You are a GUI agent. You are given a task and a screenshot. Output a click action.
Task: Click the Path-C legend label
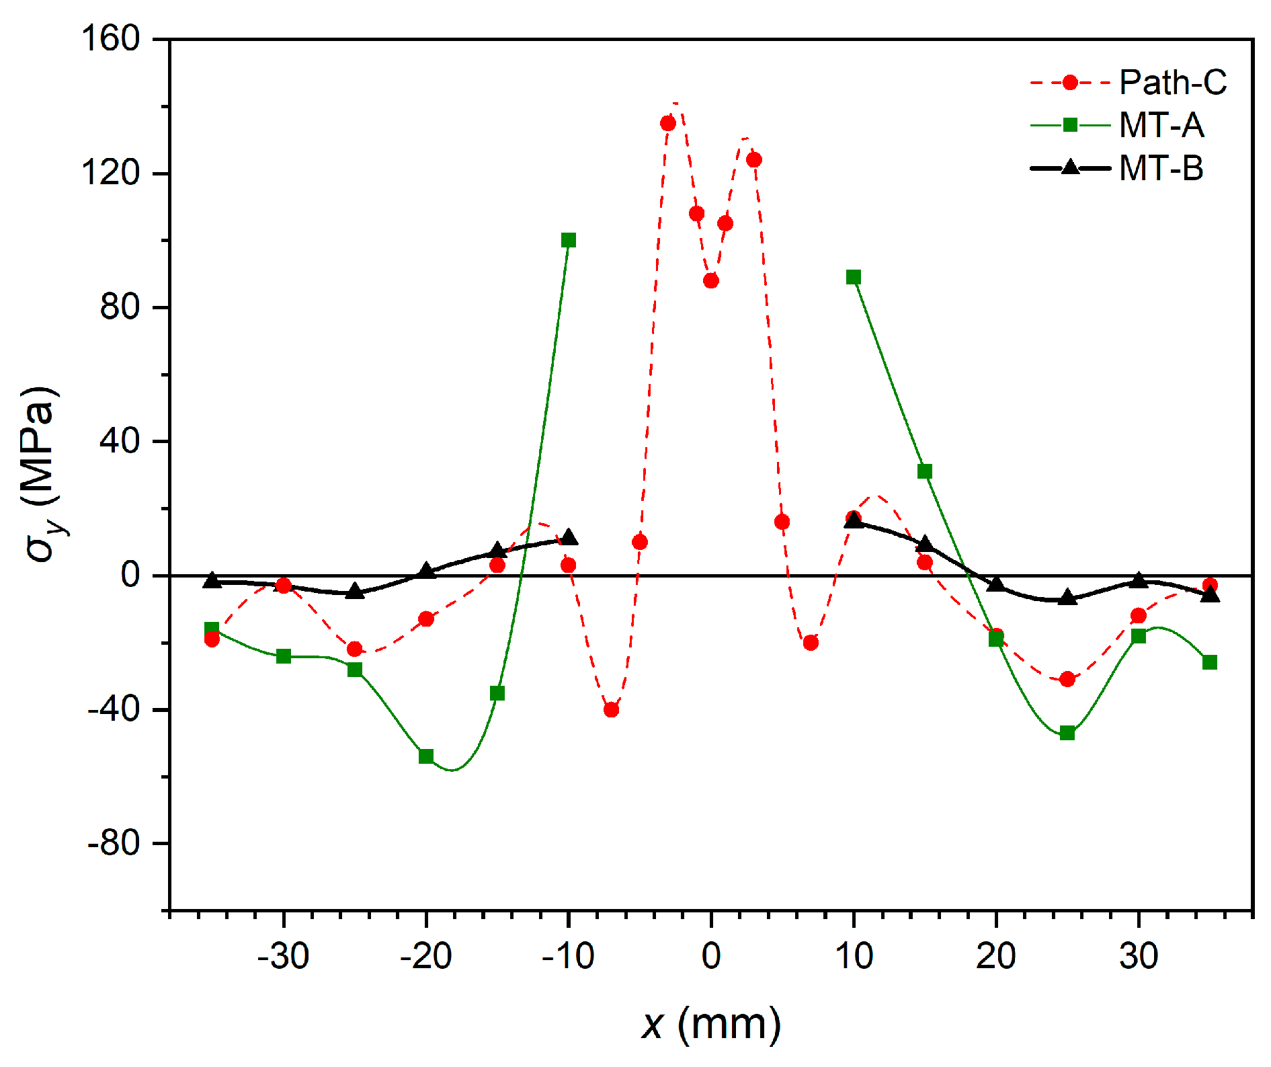1172,83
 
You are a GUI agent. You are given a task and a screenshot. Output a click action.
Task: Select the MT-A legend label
1161,125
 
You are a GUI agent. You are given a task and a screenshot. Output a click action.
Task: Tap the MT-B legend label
1161,167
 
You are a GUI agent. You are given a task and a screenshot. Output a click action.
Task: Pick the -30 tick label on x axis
283,955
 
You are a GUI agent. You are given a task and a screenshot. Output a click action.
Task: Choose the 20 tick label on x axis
995,955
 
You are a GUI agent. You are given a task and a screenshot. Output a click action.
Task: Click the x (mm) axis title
710,1025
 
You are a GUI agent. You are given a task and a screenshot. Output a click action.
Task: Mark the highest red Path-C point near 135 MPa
667,123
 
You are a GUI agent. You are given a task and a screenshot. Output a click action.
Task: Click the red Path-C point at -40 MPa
611,709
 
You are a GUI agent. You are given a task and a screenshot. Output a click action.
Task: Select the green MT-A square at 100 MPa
569,240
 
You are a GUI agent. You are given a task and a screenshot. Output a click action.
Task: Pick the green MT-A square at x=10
854,277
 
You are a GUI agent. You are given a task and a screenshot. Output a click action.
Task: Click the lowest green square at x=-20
426,756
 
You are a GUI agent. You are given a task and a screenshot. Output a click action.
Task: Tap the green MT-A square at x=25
1067,733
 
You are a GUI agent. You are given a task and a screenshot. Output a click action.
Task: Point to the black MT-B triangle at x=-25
355,592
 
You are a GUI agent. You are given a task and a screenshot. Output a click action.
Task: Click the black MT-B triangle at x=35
1210,594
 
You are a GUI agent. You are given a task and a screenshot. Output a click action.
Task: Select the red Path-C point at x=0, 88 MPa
710,280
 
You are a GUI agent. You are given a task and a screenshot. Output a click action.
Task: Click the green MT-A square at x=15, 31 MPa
925,471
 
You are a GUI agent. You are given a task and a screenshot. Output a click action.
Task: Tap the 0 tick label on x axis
710,955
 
